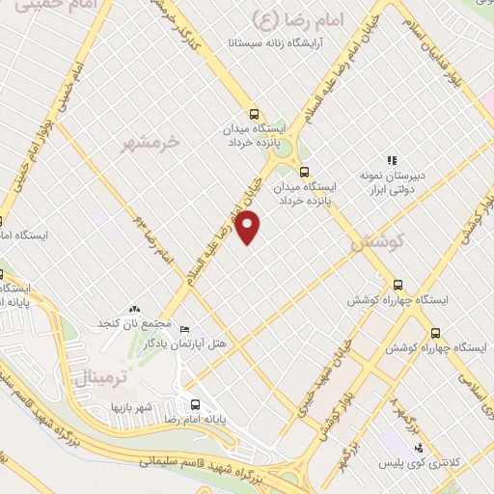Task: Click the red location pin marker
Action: [x=249, y=227]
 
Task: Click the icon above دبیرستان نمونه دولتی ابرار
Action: [x=392, y=160]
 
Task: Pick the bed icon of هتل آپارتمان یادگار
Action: [x=184, y=329]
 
